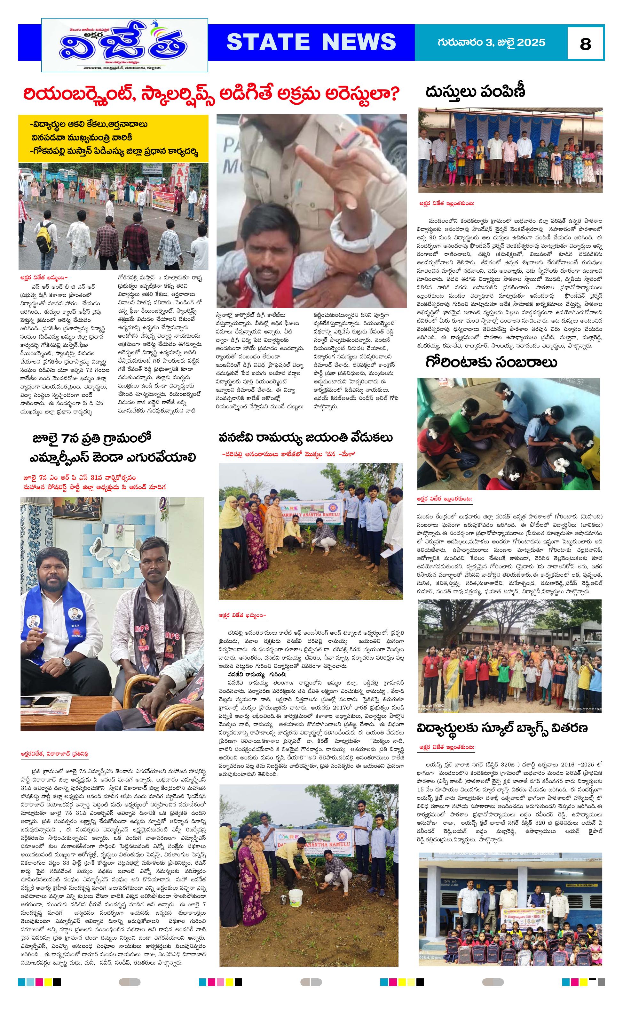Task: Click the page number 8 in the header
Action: click(x=585, y=43)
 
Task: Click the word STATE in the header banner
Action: click(x=268, y=42)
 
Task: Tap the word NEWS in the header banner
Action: click(x=358, y=42)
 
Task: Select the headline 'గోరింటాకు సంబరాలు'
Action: click(x=491, y=362)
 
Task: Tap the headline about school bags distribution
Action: click(x=502, y=728)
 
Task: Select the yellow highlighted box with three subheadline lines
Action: click(x=113, y=138)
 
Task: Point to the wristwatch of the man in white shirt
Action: click(x=66, y=663)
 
